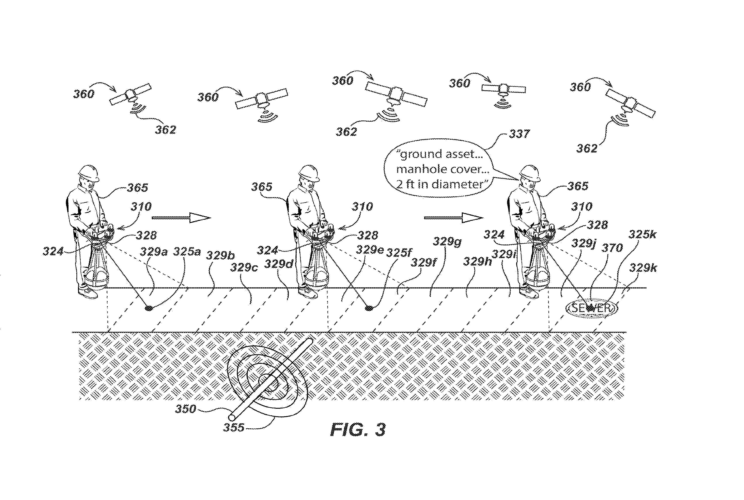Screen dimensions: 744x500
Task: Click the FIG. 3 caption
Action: click(x=358, y=429)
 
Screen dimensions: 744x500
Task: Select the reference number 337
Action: click(x=519, y=134)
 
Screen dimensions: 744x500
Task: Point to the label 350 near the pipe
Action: click(x=186, y=409)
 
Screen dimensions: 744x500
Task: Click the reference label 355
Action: click(x=233, y=427)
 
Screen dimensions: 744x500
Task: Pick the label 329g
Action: click(x=447, y=242)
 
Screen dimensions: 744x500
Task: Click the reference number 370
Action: click(x=612, y=248)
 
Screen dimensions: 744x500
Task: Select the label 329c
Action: click(x=244, y=267)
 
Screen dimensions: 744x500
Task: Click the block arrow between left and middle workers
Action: click(x=181, y=218)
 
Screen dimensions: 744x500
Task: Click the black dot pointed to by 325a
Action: click(x=148, y=308)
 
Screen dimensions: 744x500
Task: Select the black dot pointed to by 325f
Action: click(x=369, y=308)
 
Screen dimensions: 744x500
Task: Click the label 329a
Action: click(x=154, y=252)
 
